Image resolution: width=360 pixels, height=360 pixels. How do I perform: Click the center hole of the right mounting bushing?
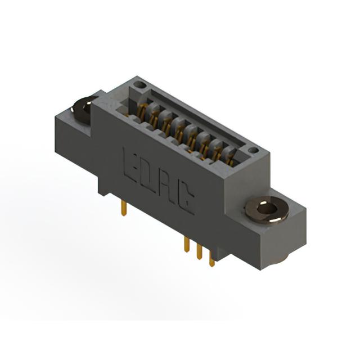(x=267, y=209)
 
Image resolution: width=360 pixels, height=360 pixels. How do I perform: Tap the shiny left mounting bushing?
(x=83, y=110)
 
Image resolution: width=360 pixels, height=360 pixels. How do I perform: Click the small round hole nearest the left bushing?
(x=139, y=85)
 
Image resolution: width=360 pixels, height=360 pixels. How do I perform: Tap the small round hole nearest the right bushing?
(x=254, y=150)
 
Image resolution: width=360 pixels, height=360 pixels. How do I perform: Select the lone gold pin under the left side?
(x=124, y=208)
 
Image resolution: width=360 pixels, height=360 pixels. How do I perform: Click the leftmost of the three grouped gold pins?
(x=187, y=245)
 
